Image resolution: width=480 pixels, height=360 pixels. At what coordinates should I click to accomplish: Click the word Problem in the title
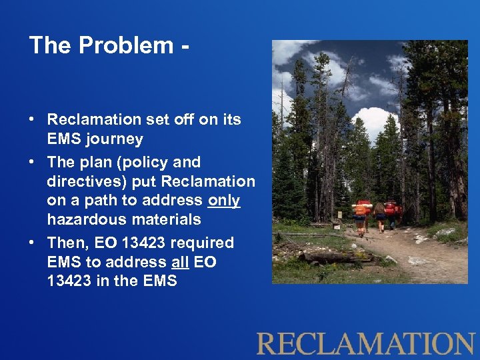point(126,45)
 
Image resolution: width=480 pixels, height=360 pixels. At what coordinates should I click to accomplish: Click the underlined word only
point(224,201)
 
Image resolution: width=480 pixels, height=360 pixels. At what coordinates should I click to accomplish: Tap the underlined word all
point(179,262)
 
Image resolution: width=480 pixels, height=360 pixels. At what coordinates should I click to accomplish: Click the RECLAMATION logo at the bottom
point(365,343)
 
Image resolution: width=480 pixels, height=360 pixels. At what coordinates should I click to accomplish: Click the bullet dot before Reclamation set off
point(32,121)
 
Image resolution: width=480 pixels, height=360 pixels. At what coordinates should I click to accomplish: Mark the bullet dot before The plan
point(32,163)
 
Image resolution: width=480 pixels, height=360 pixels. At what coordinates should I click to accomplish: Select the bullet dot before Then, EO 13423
point(32,243)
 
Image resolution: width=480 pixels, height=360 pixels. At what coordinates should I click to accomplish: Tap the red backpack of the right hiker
point(392,208)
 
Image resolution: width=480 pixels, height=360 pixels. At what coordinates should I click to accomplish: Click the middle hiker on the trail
point(379,215)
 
